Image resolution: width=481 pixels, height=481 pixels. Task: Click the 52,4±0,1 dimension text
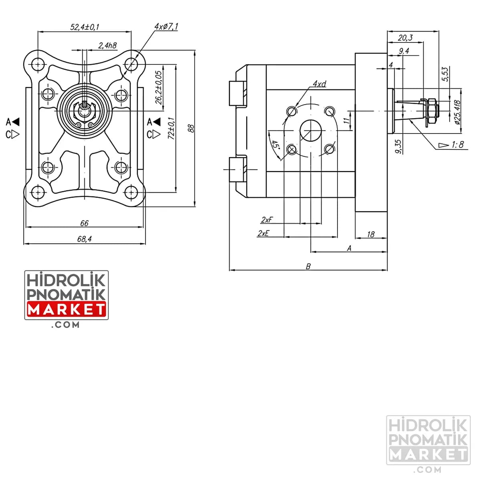85,27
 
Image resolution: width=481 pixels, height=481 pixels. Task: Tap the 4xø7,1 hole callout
166,26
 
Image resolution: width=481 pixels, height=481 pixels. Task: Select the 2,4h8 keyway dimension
107,45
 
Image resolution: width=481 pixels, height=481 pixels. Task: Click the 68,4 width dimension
84,239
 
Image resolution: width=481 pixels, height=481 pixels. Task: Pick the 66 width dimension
84,223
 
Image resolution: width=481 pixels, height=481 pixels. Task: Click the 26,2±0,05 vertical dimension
158,87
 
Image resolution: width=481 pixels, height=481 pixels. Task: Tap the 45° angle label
275,145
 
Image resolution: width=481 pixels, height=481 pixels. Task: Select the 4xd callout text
319,84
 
